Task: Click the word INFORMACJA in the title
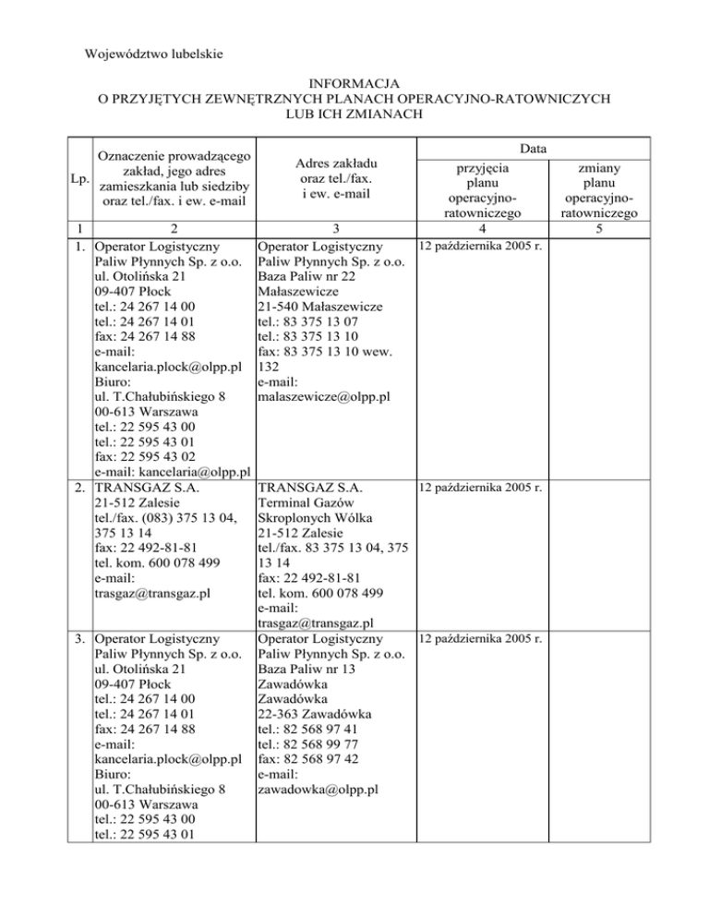coord(354,80)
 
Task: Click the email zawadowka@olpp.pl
coord(316,790)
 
